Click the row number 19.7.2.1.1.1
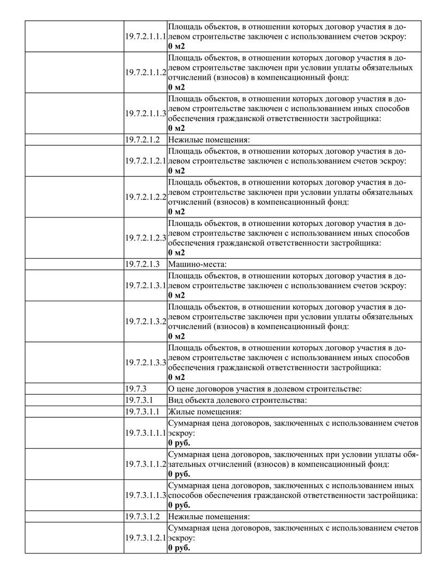click(x=146, y=36)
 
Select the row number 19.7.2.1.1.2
click(x=146, y=73)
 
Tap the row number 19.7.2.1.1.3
click(x=146, y=114)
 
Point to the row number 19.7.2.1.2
click(x=143, y=140)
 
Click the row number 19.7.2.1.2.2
click(x=146, y=197)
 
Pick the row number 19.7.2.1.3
click(x=143, y=264)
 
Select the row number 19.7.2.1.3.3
click(x=146, y=362)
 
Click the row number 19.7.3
click(x=136, y=388)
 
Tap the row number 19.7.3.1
click(x=139, y=400)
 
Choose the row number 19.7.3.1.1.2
click(x=146, y=464)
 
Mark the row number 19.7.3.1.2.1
click(x=146, y=538)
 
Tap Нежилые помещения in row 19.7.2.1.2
click(x=209, y=140)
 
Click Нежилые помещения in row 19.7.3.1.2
click(x=209, y=517)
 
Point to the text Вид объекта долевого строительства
click(x=237, y=400)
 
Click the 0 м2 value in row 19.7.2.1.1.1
click(x=176, y=46)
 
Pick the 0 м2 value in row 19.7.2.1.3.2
click(x=176, y=336)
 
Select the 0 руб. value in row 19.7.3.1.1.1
click(x=179, y=443)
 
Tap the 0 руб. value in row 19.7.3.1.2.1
click(x=179, y=548)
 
